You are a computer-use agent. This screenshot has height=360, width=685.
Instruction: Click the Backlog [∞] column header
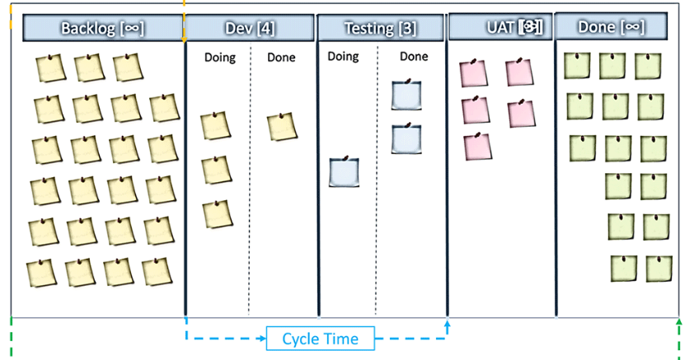[103, 28]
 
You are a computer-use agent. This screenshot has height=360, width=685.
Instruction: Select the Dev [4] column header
[250, 28]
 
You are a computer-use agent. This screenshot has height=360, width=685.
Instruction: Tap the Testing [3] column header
[381, 28]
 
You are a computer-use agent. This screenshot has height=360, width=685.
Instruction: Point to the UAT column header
[500, 27]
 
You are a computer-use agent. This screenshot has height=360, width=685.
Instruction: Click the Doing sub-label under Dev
[219, 58]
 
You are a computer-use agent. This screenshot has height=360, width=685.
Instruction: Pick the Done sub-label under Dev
[282, 58]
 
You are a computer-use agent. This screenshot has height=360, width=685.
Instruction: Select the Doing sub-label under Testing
[343, 57]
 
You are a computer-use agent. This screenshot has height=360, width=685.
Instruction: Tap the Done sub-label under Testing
[413, 57]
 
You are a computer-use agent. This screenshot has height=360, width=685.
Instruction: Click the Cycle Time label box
[320, 339]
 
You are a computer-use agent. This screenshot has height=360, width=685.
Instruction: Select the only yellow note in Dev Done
[282, 127]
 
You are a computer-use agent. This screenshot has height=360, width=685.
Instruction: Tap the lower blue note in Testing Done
[406, 138]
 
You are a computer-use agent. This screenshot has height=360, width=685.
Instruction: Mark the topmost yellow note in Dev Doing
[215, 126]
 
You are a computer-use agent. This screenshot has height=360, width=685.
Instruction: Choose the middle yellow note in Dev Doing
[215, 169]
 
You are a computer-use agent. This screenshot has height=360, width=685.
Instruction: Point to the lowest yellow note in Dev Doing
[217, 213]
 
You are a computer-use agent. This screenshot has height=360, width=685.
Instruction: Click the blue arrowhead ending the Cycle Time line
[448, 326]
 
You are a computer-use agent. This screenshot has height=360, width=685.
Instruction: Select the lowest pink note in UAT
[477, 146]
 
